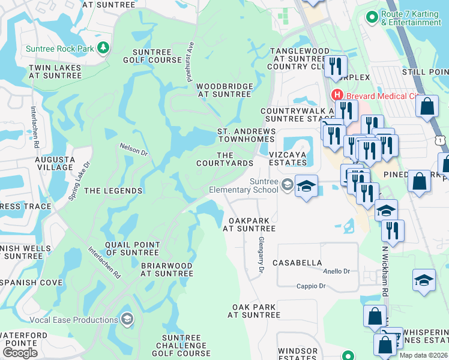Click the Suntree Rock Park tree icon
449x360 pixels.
[x=104, y=47]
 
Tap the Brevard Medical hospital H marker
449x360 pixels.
[x=337, y=95]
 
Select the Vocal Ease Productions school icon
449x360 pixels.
[x=127, y=319]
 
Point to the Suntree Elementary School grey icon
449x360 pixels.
[x=287, y=184]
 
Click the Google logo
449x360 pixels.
[x=20, y=352]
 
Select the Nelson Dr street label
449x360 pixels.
[x=133, y=148]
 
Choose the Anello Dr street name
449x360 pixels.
[x=337, y=271]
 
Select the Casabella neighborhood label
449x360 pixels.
[x=297, y=263]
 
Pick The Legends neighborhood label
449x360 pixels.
[x=113, y=191]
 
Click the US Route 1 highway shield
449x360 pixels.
[x=441, y=139]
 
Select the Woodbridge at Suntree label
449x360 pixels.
[x=224, y=90]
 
